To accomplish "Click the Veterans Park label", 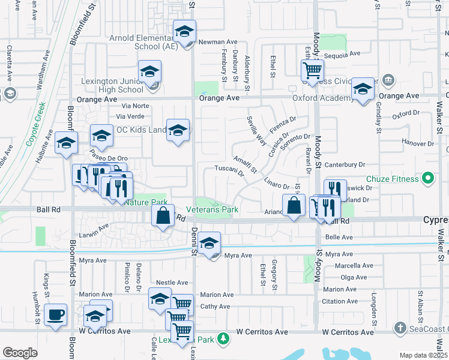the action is pyautogui.click(x=212, y=209).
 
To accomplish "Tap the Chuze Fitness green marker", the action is pyautogui.click(x=427, y=178).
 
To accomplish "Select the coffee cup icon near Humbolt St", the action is pyautogui.click(x=55, y=314).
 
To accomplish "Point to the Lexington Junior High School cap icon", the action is pyautogui.click(x=149, y=72).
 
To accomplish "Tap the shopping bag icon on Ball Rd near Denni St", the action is pyautogui.click(x=163, y=215).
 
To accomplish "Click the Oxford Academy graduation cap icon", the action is pyautogui.click(x=363, y=89).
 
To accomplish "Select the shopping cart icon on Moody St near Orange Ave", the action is pyautogui.click(x=312, y=70).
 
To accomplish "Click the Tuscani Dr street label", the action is pyautogui.click(x=230, y=172).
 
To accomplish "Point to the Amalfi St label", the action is pyautogui.click(x=245, y=162).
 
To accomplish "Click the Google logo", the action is pyautogui.click(x=20, y=353).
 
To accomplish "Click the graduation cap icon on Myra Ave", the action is pyautogui.click(x=209, y=242).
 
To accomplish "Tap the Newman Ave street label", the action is pyautogui.click(x=219, y=42).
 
